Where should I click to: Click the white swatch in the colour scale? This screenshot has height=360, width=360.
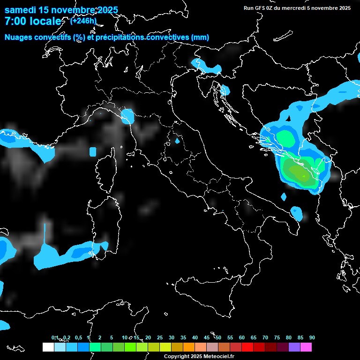(48, 347)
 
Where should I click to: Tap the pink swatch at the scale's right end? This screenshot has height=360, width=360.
(306, 347)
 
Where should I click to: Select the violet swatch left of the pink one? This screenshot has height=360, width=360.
(294, 347)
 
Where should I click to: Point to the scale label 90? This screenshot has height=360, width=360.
(312, 338)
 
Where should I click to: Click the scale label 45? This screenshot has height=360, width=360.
(207, 338)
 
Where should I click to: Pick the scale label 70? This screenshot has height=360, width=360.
(265, 338)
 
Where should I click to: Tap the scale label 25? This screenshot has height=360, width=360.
(160, 338)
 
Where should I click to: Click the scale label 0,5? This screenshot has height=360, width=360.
(78, 338)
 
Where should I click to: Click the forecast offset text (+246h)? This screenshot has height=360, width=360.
(83, 21)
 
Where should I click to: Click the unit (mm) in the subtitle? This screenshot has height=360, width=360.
(200, 37)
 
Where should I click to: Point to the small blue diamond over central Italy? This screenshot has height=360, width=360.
(177, 140)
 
